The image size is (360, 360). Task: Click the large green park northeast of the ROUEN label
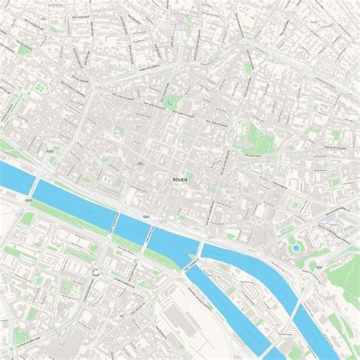pyautogui.click(x=257, y=137)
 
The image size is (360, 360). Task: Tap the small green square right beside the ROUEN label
pyautogui.click(x=190, y=176)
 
